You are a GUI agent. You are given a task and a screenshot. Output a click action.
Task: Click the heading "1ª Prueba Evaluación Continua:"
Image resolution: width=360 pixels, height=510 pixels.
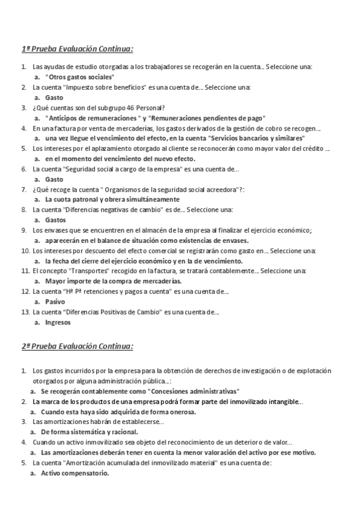[x=78, y=49]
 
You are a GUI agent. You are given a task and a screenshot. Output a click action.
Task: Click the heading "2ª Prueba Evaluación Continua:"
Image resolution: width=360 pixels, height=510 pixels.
[x=78, y=347]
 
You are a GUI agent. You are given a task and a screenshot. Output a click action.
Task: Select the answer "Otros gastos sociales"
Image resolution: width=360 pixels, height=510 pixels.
[x=80, y=78]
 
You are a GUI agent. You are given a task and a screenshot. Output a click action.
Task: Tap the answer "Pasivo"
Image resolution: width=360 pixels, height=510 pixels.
[x=55, y=302]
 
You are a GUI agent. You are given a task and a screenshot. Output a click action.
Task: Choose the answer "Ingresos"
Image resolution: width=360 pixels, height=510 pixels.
[x=58, y=322]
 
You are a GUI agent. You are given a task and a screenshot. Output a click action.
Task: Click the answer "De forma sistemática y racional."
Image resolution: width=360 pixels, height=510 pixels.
[x=90, y=432]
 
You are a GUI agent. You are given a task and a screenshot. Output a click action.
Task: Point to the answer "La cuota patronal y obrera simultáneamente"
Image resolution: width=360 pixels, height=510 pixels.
[x=112, y=199]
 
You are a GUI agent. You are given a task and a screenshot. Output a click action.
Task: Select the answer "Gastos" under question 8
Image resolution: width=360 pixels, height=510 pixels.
[x=56, y=220]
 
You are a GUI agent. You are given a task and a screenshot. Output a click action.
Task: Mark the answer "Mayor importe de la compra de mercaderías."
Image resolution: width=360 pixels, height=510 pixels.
[x=114, y=281]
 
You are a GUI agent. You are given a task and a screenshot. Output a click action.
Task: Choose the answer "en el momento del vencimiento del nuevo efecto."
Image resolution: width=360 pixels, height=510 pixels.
[x=120, y=159]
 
